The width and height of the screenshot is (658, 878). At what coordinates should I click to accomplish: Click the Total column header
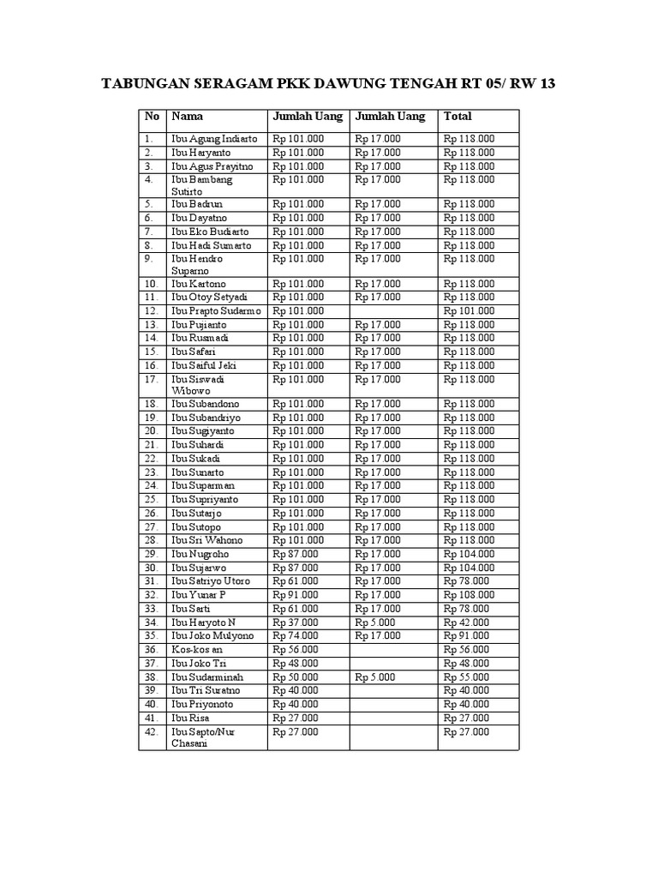tap(458, 117)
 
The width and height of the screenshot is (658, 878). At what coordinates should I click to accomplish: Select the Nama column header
tap(188, 117)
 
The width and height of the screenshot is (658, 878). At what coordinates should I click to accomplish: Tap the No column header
tap(152, 117)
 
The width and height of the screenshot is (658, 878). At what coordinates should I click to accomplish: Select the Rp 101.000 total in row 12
tap(469, 310)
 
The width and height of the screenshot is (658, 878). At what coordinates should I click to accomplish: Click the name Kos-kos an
tap(197, 649)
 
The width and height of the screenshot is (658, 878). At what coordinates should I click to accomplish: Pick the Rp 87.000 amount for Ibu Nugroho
tap(296, 554)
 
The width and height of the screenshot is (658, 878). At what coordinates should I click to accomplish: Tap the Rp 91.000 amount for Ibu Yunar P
tap(296, 594)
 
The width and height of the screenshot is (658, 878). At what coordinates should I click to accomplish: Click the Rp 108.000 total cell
tap(469, 594)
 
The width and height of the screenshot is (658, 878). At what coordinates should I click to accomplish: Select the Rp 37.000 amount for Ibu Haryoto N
tap(296, 622)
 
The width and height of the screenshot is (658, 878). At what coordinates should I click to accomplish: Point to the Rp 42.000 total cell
tap(466, 622)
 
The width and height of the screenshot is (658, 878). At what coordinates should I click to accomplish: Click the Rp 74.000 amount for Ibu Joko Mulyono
tap(296, 635)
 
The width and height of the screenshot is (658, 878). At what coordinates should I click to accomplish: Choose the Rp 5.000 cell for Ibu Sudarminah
tap(375, 677)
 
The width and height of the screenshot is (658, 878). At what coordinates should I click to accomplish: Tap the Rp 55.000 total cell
tap(466, 677)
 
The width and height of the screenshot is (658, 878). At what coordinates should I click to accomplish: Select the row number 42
tap(151, 731)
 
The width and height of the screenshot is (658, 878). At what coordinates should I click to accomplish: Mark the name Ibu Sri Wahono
tap(206, 540)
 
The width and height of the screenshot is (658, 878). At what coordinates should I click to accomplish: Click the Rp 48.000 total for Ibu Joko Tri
tap(466, 663)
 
